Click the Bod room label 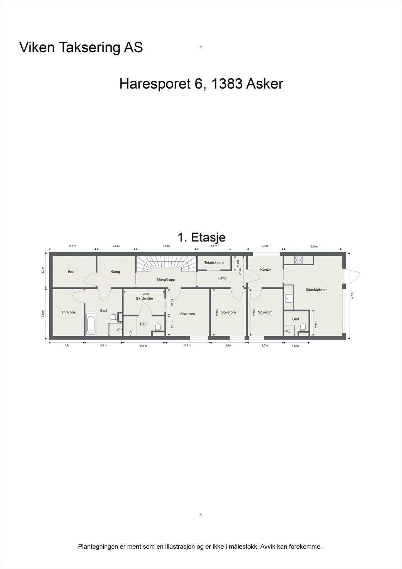(x=71, y=272)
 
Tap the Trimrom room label (x=68, y=313)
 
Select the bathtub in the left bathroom (x=91, y=323)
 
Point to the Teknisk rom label (x=214, y=263)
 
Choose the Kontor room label (x=266, y=270)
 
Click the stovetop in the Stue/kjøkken (x=299, y=260)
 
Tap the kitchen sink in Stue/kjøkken (x=289, y=298)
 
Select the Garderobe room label (x=144, y=299)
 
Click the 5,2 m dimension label (x=352, y=296)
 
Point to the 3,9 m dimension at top (x=166, y=246)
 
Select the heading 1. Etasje (x=201, y=237)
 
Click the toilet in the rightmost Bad (x=303, y=327)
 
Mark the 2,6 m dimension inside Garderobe (x=146, y=294)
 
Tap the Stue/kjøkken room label (x=316, y=290)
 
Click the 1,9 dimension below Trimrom (x=66, y=346)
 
